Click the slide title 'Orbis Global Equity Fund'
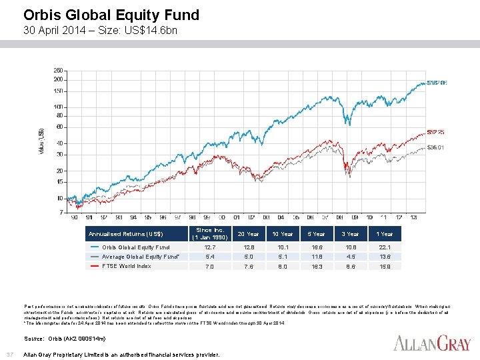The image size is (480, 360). coord(111,15)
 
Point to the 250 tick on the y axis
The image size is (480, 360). coord(59,71)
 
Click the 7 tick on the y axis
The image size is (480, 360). coord(61,211)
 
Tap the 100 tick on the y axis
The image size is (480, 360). coord(59,107)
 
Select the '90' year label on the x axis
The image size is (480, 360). coord(74,217)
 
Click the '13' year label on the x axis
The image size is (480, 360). coord(413,217)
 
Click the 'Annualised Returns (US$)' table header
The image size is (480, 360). coord(126,234)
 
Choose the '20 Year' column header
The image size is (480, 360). coord(248,234)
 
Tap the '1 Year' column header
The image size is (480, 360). coord(385,234)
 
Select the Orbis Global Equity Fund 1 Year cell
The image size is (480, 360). coord(385,247)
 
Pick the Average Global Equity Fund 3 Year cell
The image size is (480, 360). coord(351,257)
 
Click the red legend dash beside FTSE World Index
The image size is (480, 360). coord(94,266)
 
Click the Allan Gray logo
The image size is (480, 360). coord(431,344)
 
